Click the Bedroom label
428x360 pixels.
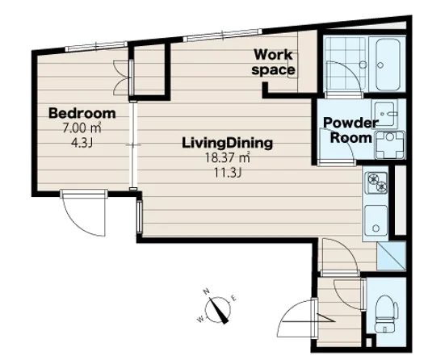point(82,113)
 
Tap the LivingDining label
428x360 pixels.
point(228,143)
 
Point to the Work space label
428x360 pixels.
point(273,62)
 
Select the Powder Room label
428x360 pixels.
point(351,130)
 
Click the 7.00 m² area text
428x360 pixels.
point(82,128)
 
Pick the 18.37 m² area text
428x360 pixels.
point(228,157)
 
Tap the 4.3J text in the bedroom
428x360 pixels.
point(82,143)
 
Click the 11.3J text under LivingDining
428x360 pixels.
point(228,173)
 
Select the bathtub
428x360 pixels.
point(388,65)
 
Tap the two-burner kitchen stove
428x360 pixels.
point(376,182)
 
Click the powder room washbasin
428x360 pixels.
point(384,114)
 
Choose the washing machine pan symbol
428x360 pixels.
point(390,145)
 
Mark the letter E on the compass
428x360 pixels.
point(233,298)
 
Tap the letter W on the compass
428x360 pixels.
point(200,319)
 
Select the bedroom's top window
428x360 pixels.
point(96,46)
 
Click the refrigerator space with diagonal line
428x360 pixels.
point(392,257)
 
